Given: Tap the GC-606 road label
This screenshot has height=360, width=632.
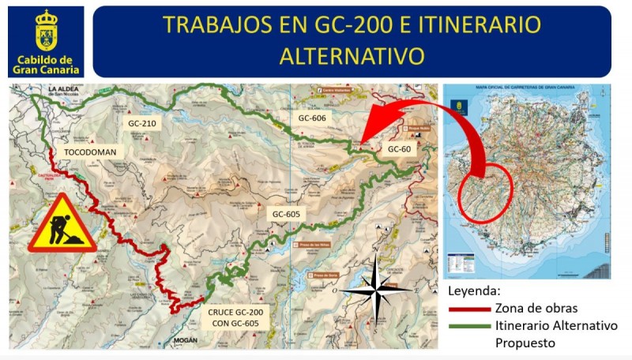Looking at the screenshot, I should tap(312, 117).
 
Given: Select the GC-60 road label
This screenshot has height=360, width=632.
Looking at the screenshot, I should tap(401, 148).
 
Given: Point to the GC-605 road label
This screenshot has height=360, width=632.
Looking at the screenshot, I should tap(287, 213).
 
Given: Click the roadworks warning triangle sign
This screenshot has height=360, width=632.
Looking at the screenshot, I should tap(62, 225).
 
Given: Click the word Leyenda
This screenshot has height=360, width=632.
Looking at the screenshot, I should tap(473, 289).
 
